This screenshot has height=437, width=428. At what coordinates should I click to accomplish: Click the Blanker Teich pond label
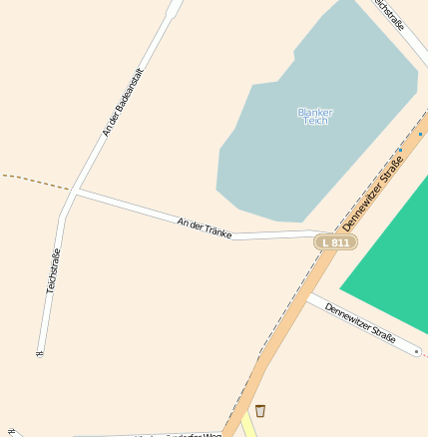(315, 116)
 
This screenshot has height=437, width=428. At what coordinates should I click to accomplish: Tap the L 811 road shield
(335, 241)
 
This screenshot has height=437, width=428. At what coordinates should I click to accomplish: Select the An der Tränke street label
(205, 227)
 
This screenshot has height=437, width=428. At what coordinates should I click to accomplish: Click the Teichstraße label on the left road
(53, 270)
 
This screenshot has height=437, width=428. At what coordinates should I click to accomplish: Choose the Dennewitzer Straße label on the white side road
(360, 321)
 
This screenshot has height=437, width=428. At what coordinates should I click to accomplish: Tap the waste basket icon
(260, 411)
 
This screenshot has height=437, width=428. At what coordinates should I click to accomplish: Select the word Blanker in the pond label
(315, 111)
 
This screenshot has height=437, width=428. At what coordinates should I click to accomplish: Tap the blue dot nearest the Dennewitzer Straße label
(400, 150)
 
